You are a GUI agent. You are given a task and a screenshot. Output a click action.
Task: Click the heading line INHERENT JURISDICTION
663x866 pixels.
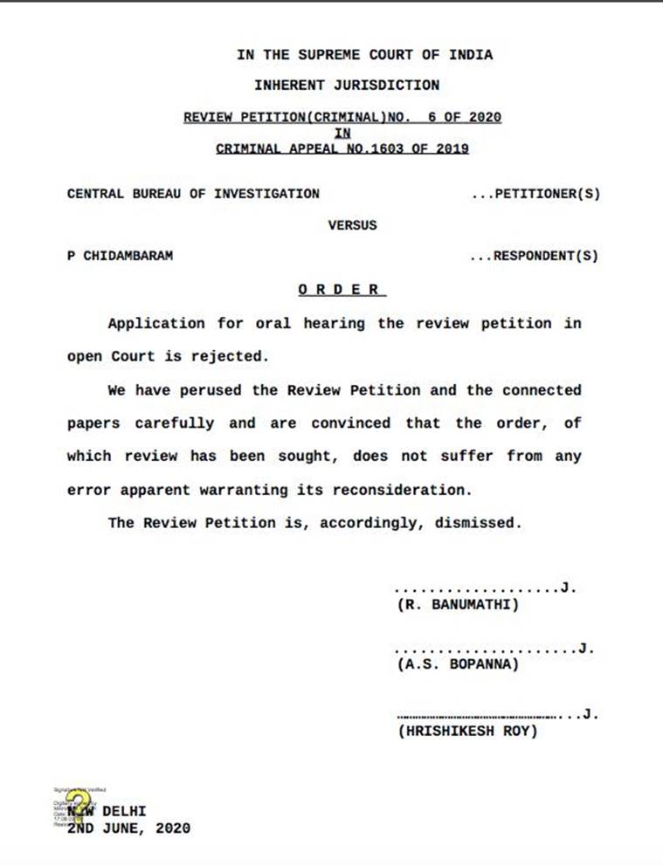[347, 86]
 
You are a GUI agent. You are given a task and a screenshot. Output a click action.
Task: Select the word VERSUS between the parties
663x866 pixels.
[352, 225]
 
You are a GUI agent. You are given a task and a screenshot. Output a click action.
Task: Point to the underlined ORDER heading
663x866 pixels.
[339, 290]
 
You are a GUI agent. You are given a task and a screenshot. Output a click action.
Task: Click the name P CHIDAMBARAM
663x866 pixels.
[120, 257]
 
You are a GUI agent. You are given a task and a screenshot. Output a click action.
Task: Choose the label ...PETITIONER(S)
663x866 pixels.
[535, 194]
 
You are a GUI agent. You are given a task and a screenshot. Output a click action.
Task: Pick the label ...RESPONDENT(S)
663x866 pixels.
[534, 257]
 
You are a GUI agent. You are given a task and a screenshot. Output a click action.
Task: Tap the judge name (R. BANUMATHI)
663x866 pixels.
[458, 604]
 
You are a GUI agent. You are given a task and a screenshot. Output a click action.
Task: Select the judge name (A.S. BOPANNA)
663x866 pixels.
[458, 665]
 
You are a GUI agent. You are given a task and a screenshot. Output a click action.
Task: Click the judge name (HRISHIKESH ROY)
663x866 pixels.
[467, 731]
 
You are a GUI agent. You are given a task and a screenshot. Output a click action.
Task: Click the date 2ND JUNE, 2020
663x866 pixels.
[128, 828]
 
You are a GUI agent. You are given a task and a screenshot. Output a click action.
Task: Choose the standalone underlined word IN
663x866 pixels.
[342, 134]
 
